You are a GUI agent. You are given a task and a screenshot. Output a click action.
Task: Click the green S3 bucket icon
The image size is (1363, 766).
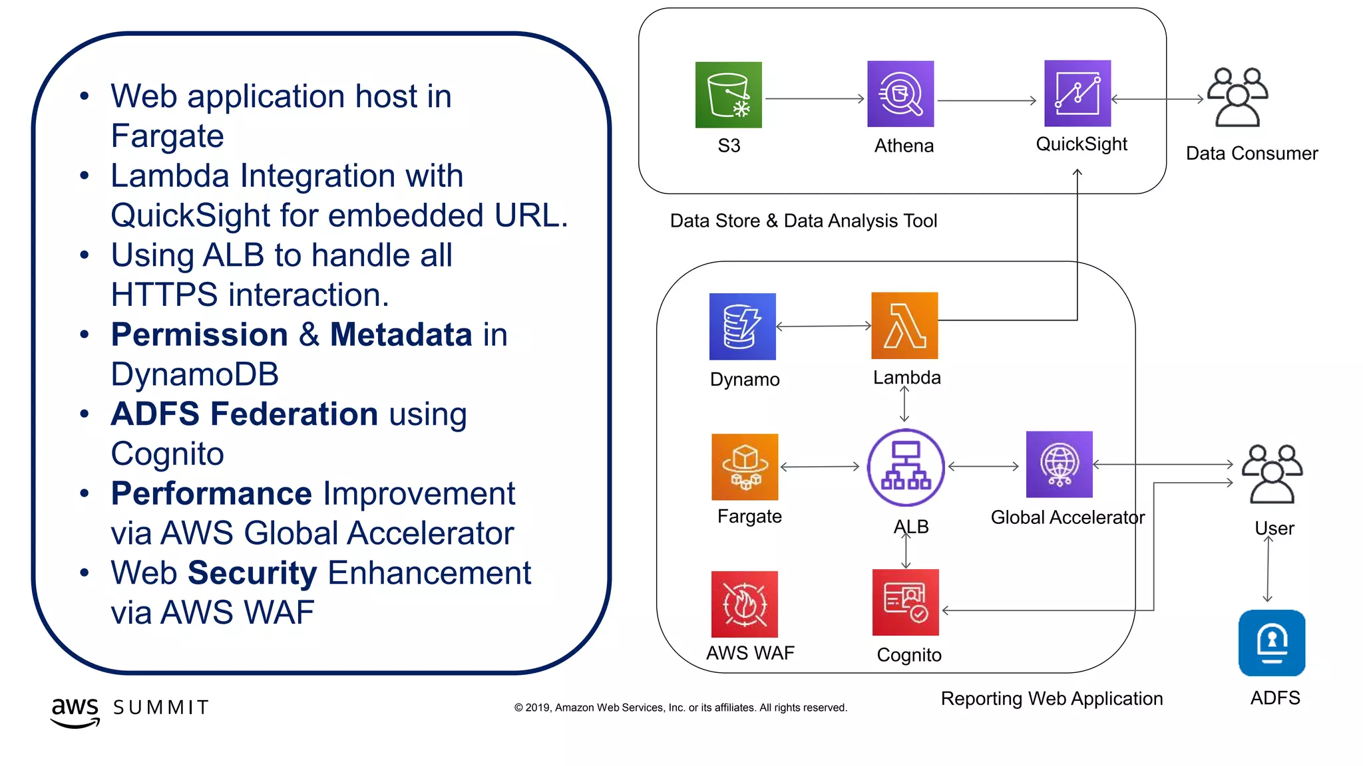(x=728, y=94)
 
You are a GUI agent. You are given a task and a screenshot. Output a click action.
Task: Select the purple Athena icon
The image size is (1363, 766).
(x=900, y=94)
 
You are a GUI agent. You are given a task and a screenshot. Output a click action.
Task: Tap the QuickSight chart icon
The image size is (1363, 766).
(x=1077, y=93)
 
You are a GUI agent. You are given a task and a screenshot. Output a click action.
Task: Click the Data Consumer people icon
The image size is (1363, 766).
(x=1237, y=97)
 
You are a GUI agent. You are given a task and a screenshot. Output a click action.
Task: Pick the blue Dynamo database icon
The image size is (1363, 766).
(x=742, y=326)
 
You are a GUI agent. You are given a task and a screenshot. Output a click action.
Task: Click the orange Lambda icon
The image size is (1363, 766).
(x=904, y=325)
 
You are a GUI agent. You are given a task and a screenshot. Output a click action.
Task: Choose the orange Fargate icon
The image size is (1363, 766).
(x=745, y=467)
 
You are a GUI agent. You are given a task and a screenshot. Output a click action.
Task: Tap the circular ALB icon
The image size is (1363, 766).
(x=905, y=467)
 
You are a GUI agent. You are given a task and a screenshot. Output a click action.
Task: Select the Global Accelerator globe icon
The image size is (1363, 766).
(x=1059, y=464)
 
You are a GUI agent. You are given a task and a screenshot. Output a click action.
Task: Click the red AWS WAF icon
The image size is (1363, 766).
(x=744, y=604)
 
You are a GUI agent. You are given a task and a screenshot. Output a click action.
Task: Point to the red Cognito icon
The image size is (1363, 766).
(x=905, y=602)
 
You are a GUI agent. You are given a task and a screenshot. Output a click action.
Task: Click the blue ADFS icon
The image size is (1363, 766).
(x=1271, y=642)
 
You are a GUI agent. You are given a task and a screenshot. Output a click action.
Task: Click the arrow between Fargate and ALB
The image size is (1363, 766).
(x=820, y=467)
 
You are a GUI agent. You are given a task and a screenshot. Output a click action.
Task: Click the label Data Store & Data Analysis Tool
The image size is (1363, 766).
(x=803, y=221)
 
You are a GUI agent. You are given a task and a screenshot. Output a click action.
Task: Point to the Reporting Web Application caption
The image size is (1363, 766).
(x=1052, y=698)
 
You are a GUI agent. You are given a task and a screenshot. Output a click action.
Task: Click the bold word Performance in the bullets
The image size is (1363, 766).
(x=211, y=493)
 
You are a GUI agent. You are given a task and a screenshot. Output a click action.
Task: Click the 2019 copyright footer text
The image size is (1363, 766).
(x=680, y=707)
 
